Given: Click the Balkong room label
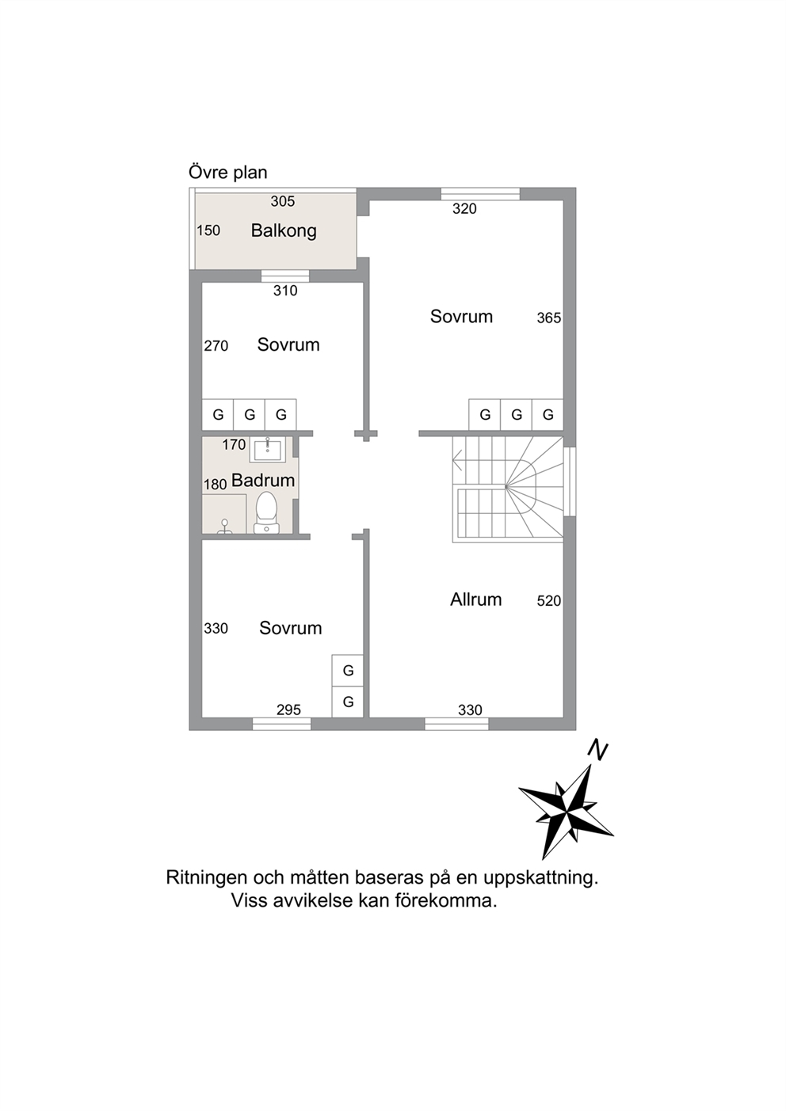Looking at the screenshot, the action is point(284,230).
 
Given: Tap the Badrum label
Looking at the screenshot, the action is point(263,480).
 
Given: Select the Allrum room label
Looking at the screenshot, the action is point(476,599).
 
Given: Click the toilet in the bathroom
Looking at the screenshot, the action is point(266,512).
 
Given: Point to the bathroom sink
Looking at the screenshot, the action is point(268,451).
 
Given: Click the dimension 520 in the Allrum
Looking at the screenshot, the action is point(549,601).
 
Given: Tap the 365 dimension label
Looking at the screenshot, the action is point(549,318).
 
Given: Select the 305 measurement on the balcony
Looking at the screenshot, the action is point(283,201).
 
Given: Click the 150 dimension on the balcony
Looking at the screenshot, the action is point(208,230).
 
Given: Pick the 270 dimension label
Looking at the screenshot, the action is point(216,346).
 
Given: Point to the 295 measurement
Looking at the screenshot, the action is point(288,710).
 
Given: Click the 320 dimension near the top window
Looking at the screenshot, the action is point(464,209).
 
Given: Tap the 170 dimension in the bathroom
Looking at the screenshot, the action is point(234,444).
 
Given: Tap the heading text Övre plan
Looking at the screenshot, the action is point(227,173).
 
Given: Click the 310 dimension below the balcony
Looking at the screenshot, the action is point(285,291).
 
